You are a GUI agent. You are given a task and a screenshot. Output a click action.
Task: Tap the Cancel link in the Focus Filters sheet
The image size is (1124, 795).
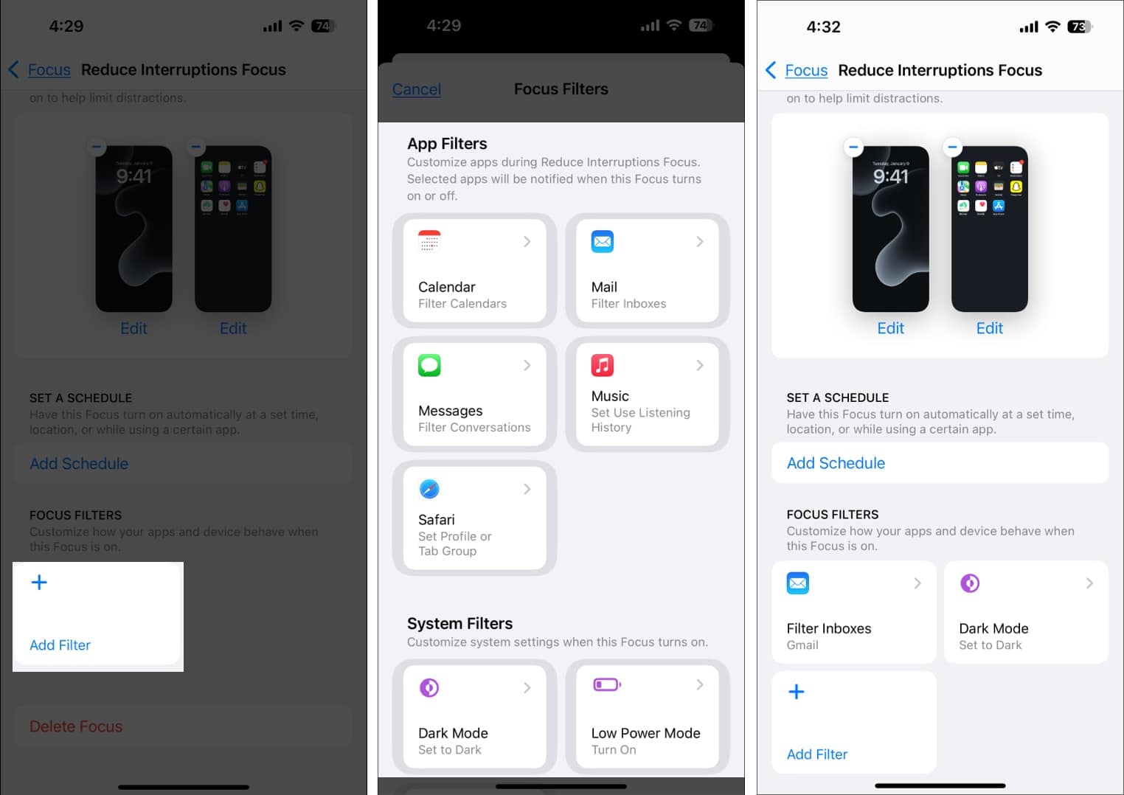(417, 89)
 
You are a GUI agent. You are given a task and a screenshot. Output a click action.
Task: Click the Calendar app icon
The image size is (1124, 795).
(429, 241)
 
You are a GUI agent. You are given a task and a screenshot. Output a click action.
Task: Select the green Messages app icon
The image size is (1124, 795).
(429, 365)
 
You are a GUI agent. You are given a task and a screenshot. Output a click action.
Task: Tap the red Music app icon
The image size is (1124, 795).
(603, 365)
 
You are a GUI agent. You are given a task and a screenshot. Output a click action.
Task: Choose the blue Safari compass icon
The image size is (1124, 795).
(429, 489)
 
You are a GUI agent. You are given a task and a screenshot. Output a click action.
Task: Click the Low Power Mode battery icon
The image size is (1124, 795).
(606, 685)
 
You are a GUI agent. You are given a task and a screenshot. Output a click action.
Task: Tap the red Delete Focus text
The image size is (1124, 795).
(76, 726)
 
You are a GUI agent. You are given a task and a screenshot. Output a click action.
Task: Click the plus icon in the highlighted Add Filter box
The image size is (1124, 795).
(39, 583)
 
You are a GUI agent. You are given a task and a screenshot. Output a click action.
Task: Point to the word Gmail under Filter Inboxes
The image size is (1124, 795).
(802, 645)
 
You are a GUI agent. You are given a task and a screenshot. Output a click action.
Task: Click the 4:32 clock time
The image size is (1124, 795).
(823, 27)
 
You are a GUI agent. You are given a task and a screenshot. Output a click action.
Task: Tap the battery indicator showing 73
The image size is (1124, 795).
(1079, 27)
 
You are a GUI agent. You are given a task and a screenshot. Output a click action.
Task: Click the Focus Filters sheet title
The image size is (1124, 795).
(561, 89)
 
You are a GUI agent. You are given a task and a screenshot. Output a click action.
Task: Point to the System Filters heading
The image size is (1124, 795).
(459, 624)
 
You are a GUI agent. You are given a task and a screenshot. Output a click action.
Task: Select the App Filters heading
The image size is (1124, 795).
(447, 144)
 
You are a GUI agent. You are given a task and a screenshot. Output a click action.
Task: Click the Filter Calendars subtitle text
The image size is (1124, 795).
(462, 304)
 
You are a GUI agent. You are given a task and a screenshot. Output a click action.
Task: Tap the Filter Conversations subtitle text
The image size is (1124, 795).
(474, 428)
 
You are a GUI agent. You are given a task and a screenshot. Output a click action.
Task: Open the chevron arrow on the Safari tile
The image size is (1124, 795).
(527, 489)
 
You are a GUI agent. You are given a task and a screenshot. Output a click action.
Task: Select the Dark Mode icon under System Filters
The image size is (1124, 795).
(429, 688)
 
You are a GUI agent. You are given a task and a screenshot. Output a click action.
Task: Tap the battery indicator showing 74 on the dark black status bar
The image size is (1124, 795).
(700, 26)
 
